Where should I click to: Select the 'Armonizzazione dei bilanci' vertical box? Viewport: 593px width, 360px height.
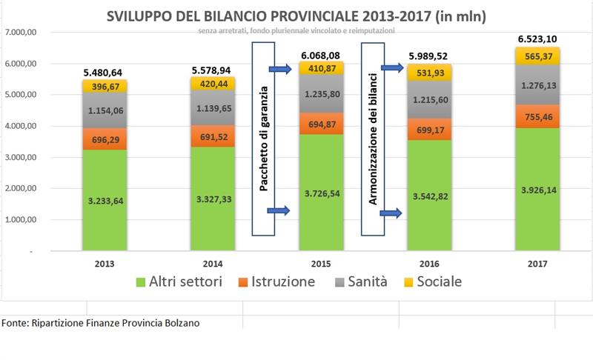(x=372, y=141)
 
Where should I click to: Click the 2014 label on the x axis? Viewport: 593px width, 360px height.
(x=214, y=264)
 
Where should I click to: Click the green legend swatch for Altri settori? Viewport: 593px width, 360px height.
(x=142, y=282)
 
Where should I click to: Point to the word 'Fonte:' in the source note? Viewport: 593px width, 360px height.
(x=15, y=323)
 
